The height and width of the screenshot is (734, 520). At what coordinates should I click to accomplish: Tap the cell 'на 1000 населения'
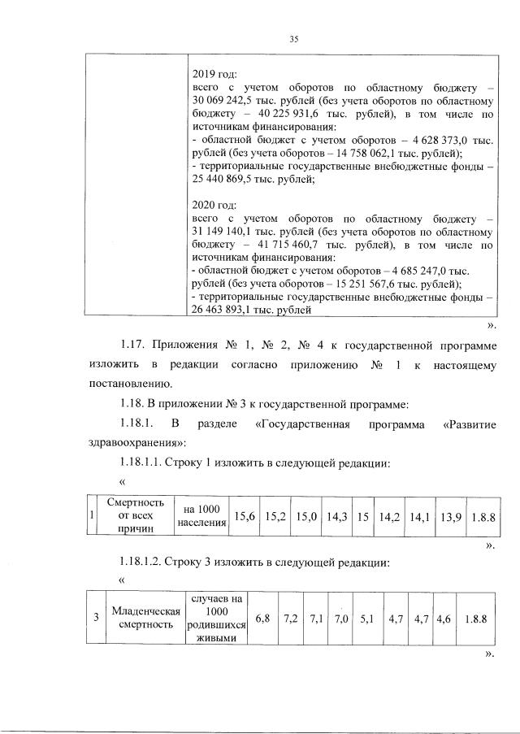pos(200,515)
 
